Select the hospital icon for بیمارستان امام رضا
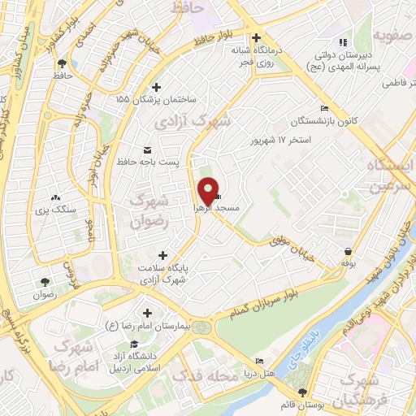pos(147,312)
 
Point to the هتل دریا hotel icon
pos(259,361)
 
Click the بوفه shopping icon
pos(348,251)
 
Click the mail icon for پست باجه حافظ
pos(147,149)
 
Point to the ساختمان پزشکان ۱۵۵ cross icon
pos(156,87)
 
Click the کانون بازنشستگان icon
pos(324,109)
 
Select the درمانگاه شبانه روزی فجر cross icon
pos(257,37)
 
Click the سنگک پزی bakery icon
pos(55,197)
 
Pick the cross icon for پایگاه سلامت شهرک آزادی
pos(166,256)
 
